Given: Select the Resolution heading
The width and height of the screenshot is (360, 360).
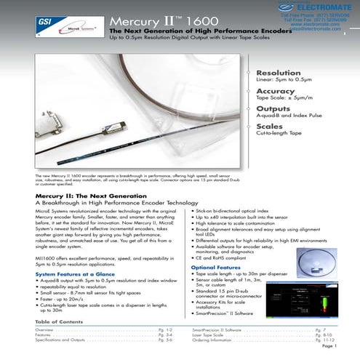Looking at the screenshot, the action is pyautogui.click(x=279, y=73).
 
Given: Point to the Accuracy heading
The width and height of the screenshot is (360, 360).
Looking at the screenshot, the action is pyautogui.click(x=276, y=92).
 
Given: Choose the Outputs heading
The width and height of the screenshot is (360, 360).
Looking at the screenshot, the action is pyautogui.click(x=273, y=109).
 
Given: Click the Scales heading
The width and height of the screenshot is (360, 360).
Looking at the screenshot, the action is pyautogui.click(x=270, y=127).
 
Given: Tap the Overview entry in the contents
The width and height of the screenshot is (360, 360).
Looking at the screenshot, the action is pyautogui.click(x=44, y=329).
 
